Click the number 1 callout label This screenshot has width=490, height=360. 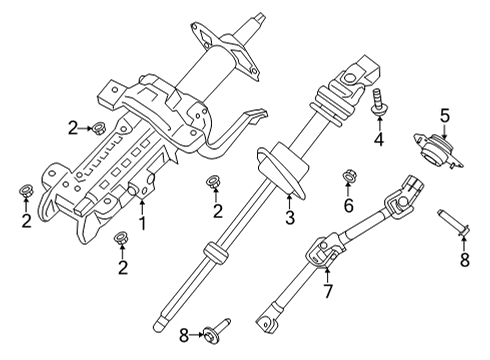pos(142,222)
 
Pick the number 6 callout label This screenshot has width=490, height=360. pos(349,205)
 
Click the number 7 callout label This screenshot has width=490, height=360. pos(327,293)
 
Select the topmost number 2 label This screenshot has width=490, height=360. pos(71,127)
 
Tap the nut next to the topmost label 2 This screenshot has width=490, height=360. pos(100,127)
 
